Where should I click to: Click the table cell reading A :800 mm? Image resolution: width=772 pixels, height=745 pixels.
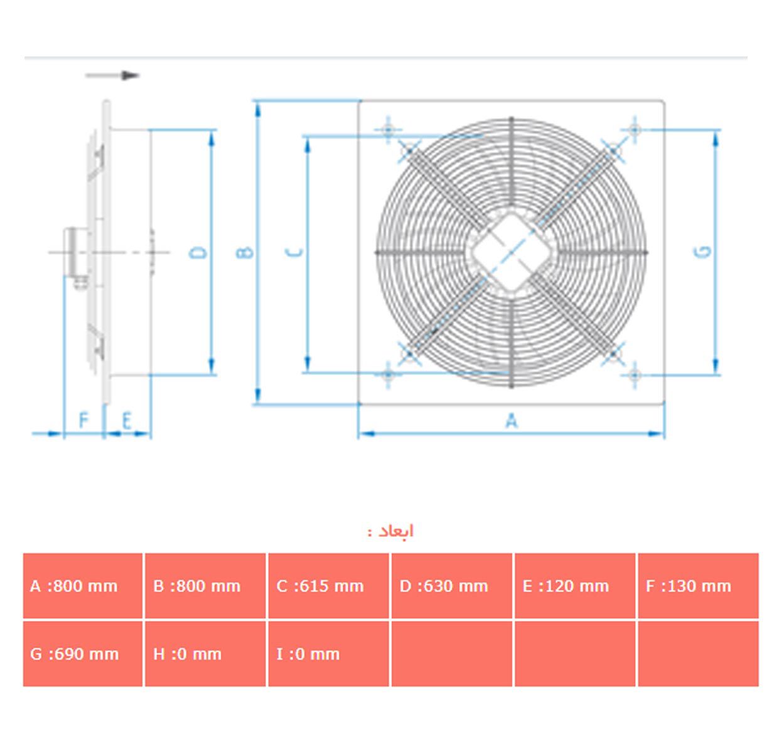click(x=83, y=586)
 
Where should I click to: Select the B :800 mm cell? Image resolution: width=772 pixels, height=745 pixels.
click(x=206, y=586)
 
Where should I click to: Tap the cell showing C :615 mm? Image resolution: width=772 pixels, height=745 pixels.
click(x=329, y=586)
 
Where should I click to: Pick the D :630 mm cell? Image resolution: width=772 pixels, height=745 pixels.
click(x=452, y=586)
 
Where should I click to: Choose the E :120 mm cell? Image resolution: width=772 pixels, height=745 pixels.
click(x=575, y=586)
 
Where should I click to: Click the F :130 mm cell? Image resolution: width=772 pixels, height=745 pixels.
click(x=698, y=586)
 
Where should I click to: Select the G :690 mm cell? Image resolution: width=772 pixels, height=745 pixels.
click(x=83, y=654)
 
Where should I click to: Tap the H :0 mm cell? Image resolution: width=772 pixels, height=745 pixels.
click(x=206, y=654)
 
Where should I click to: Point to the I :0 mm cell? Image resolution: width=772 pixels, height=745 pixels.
click(x=329, y=654)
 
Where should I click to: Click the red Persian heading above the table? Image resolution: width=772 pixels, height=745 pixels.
click(x=391, y=532)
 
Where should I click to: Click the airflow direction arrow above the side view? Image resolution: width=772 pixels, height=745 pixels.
click(x=113, y=75)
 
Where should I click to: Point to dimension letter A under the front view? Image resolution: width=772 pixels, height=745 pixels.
click(x=512, y=420)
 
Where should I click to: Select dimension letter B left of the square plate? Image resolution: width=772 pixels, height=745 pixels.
click(x=245, y=252)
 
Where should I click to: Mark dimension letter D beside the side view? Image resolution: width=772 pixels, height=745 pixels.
click(x=198, y=252)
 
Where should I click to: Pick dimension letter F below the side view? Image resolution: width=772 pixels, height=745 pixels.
click(x=83, y=420)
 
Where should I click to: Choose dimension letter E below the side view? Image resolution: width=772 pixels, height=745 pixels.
click(x=127, y=420)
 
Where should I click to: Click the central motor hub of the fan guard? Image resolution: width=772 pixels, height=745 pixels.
click(x=511, y=252)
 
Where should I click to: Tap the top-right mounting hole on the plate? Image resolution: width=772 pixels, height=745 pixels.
click(x=635, y=130)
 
